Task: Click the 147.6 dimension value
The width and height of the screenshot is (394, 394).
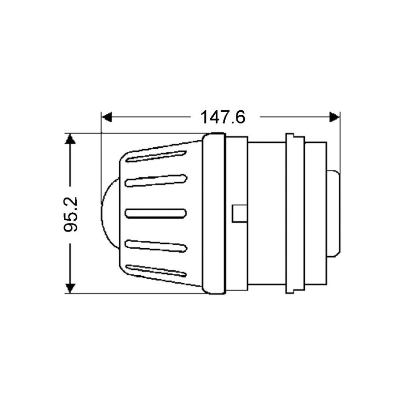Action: [x=223, y=117]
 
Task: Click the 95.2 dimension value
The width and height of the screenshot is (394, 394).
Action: [x=70, y=214]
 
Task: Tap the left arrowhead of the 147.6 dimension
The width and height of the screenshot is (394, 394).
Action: [x=106, y=117]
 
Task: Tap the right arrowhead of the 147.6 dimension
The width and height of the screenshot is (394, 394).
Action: [x=334, y=117]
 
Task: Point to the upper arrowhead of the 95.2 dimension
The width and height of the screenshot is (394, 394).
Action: [x=70, y=139]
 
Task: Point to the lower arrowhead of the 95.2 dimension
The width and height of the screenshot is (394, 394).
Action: [x=70, y=288]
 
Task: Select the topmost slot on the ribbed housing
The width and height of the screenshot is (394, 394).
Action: [x=156, y=157]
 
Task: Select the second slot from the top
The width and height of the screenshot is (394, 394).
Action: [x=156, y=181]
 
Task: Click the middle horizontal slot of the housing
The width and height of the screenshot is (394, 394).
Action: [x=156, y=213]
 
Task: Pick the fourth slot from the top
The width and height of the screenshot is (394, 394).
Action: [x=156, y=246]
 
